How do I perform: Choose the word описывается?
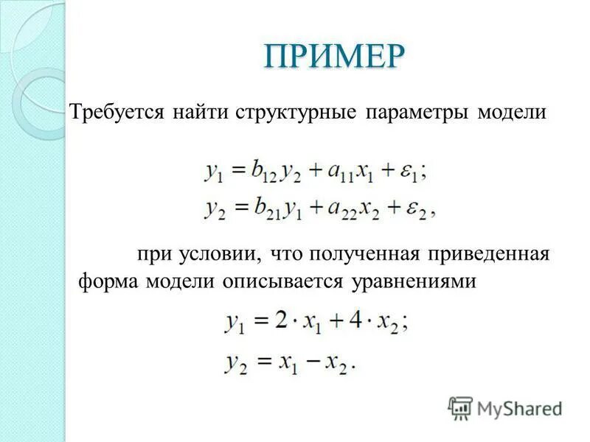click(276, 282)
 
